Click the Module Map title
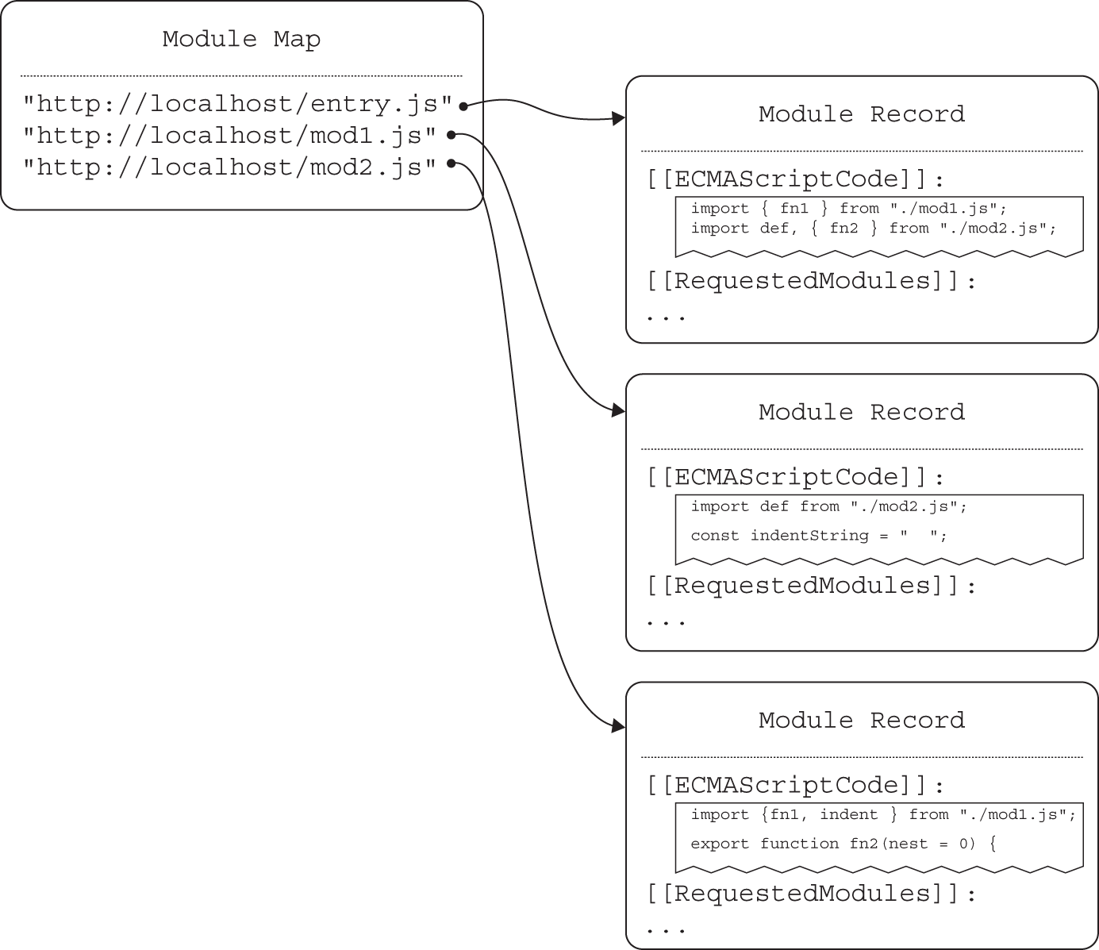(241, 39)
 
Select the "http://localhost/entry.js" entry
(237, 104)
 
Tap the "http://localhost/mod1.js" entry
(229, 136)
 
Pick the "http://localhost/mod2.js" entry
(229, 167)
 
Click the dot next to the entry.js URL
(463, 105)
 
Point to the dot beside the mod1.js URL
(450, 134)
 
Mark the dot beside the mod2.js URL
(450, 163)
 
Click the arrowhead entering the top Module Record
(618, 119)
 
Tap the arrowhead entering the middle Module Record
(618, 410)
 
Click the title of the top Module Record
(862, 114)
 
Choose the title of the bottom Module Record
(862, 721)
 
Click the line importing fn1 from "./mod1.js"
(848, 209)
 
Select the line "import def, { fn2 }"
(873, 229)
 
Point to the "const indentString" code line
(818, 536)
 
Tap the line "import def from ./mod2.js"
(828, 506)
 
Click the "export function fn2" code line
(843, 844)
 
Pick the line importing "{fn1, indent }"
(882, 815)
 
